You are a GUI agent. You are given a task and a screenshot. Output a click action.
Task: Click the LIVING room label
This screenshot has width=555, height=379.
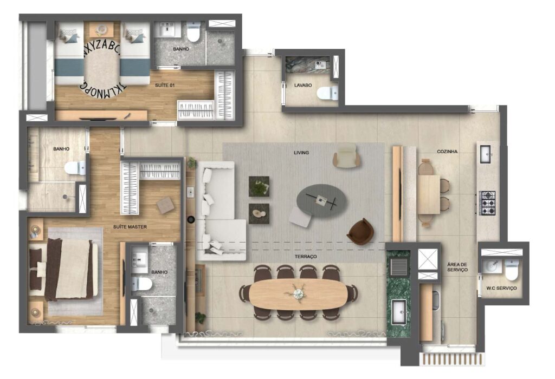[301, 153]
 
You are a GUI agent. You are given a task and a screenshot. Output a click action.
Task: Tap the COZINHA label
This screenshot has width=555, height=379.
[447, 151]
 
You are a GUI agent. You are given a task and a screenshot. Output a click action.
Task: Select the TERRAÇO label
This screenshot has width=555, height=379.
[306, 256]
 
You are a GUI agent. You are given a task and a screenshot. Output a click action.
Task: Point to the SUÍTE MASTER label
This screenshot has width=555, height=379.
[130, 227]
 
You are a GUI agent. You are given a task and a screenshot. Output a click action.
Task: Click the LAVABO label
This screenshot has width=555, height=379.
[303, 85]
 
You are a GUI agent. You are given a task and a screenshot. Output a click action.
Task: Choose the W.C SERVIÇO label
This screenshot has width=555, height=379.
[501, 288]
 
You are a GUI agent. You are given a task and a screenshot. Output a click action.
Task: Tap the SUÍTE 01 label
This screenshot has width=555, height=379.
[165, 85]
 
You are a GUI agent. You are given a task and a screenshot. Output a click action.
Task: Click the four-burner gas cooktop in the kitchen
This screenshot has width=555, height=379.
[487, 203]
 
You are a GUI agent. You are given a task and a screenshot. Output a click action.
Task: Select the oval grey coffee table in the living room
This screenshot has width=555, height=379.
[321, 201]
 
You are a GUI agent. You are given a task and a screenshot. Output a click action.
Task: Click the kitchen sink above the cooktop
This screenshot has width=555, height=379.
[485, 154]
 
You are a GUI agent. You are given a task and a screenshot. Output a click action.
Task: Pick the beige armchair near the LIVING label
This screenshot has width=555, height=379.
[347, 155]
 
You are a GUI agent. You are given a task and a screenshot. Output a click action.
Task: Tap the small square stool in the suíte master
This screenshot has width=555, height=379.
[165, 205]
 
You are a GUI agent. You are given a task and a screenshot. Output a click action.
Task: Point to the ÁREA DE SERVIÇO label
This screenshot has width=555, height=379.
[457, 267]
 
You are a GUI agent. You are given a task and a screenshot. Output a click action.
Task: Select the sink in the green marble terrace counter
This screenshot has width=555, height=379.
[400, 311]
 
